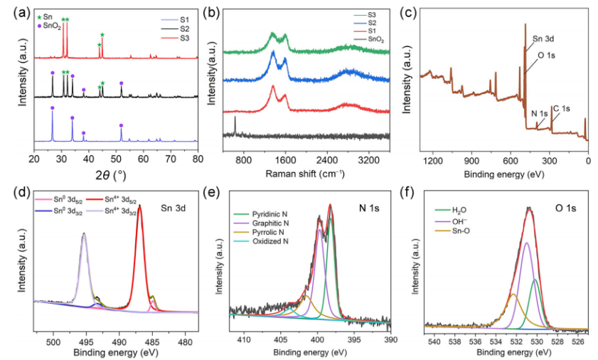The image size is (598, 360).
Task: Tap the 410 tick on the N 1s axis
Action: (245, 341)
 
